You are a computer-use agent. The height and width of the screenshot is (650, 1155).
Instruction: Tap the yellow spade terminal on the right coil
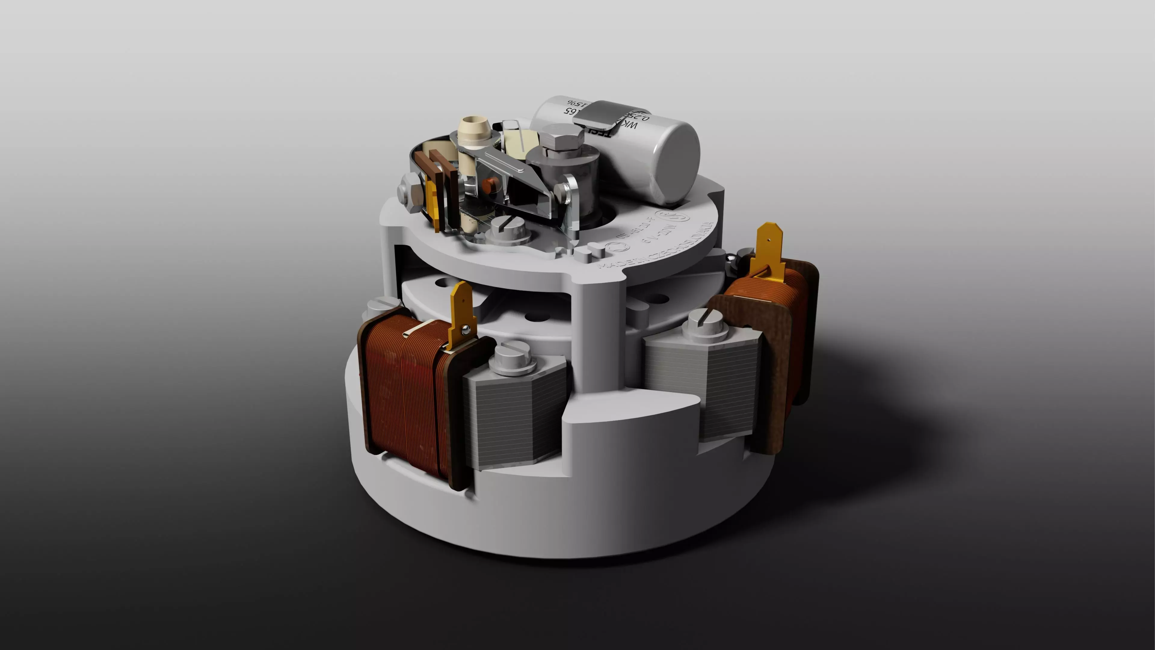tap(769, 251)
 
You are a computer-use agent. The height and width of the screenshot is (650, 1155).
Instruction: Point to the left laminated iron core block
tap(516, 417)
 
